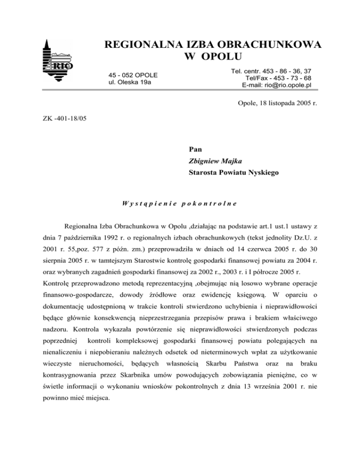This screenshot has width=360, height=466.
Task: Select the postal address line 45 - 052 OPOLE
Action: pos(133,75)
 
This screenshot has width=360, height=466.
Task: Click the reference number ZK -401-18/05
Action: pos(63,119)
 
